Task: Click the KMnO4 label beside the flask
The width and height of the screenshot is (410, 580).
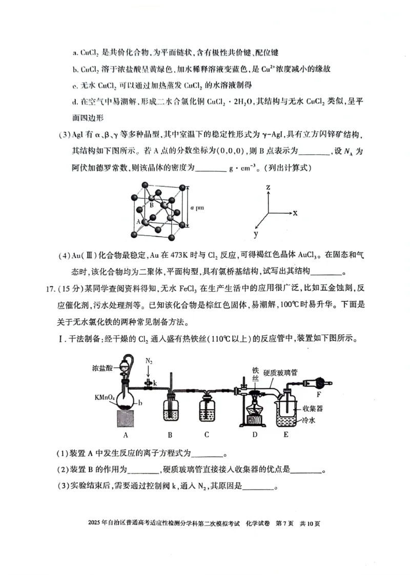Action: click(105, 397)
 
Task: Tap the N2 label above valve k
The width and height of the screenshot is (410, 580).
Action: click(149, 361)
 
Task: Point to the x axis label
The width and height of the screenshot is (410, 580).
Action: click(295, 212)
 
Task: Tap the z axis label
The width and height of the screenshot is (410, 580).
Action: click(268, 188)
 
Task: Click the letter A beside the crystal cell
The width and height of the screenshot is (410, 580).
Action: click(138, 221)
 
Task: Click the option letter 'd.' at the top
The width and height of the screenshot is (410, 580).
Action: click(75, 101)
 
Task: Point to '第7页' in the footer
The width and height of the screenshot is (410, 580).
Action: click(284, 523)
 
